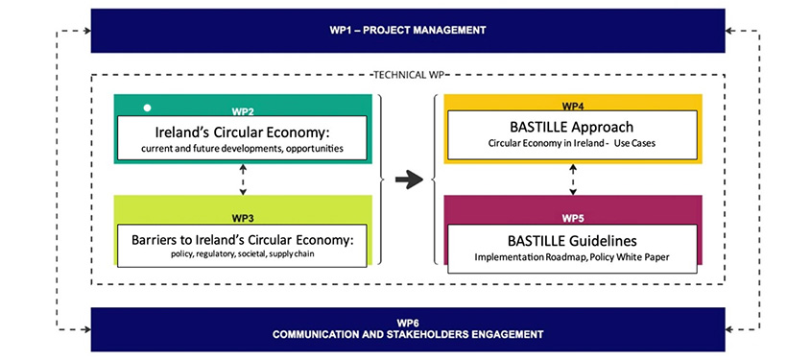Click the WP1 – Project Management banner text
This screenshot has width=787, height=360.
tap(408, 30)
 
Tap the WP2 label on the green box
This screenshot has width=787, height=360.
tap(243, 111)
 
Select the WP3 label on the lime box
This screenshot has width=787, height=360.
tap(243, 219)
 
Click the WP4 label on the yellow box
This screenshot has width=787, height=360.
tap(573, 107)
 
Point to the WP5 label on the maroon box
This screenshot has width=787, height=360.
tap(573, 219)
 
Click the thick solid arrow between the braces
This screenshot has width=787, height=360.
tap(409, 180)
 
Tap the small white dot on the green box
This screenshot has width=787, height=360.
tap(147, 108)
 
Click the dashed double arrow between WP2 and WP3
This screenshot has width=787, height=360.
tap(243, 179)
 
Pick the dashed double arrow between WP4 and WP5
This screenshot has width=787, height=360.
tap(573, 180)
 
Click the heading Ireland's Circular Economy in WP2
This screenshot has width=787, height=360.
tap(243, 132)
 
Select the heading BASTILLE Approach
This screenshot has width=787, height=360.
tap(572, 127)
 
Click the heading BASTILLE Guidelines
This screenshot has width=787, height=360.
tap(572, 241)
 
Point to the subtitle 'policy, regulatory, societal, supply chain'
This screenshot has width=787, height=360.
tap(243, 254)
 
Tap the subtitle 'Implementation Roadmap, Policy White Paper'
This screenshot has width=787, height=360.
tap(572, 257)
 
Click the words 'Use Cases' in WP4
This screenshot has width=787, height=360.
tap(637, 143)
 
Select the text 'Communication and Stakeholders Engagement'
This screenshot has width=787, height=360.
tap(408, 334)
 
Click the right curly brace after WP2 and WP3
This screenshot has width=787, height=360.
tap(380, 180)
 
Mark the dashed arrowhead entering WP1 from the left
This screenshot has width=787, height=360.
tap(87, 31)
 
